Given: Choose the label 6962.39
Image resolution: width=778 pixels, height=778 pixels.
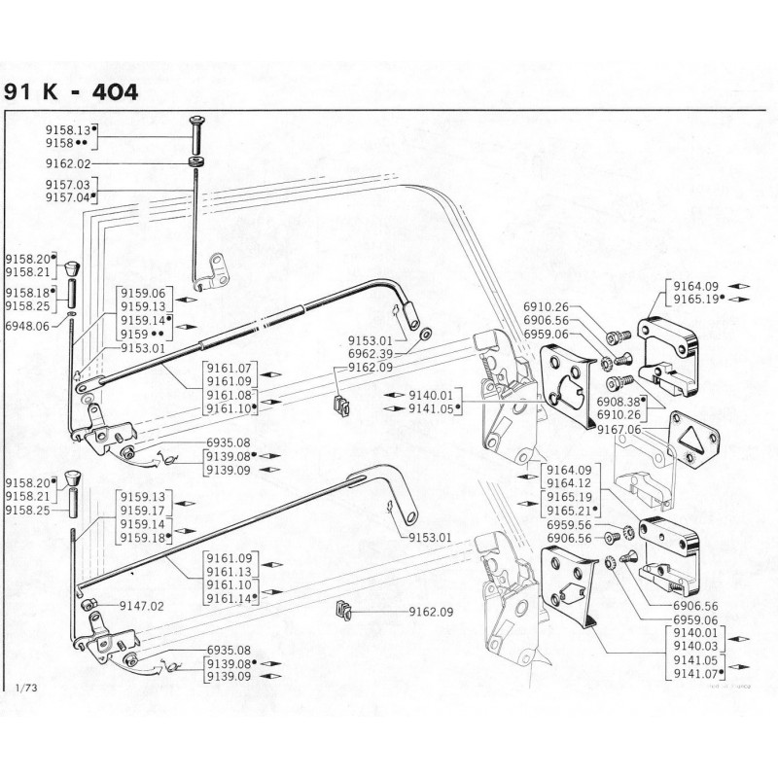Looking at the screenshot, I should click(x=371, y=353).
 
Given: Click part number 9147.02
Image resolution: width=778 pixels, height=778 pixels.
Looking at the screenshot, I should click(x=142, y=605).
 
